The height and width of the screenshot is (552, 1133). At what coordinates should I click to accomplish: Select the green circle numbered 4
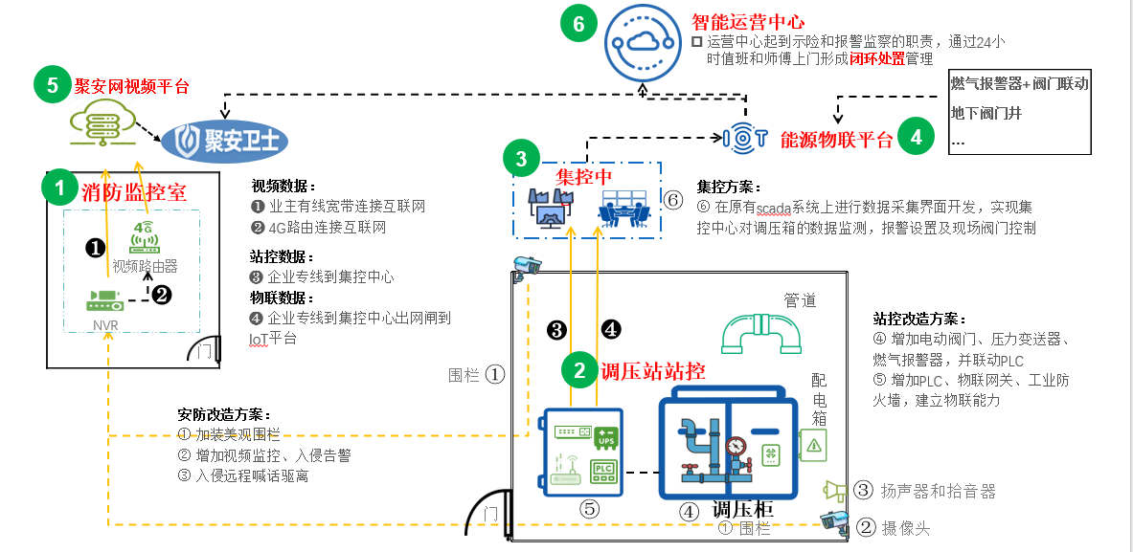(917, 137)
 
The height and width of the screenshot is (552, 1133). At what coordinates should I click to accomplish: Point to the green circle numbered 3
(521, 159)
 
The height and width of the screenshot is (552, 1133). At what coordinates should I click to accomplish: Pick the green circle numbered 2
(579, 369)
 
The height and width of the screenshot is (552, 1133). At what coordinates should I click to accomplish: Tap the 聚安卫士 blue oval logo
(225, 142)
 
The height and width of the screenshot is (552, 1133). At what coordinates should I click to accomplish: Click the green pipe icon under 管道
(763, 334)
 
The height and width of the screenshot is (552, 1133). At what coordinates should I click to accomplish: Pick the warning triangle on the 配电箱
(814, 444)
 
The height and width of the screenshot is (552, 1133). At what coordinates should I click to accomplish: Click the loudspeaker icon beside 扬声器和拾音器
(835, 491)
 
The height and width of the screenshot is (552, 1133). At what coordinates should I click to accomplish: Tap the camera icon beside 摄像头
(835, 521)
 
